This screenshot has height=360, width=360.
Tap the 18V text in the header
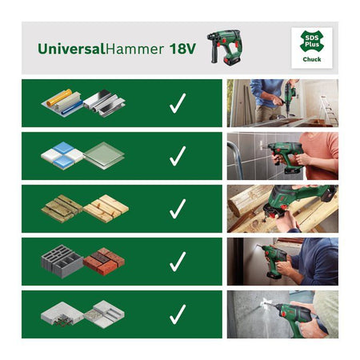[183, 49]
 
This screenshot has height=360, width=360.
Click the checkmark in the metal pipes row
[178, 102]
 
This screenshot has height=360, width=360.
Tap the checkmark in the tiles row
[178, 155]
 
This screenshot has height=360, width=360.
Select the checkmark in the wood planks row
[178, 208]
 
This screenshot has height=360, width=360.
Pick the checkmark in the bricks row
[178, 261]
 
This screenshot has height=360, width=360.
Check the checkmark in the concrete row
[178, 314]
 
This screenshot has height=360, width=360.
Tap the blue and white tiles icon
[62, 155]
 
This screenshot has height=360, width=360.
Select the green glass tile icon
[104, 154]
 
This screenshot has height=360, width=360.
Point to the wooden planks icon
[84, 208]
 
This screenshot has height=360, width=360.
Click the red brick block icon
[103, 261]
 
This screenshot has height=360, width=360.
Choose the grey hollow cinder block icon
[61, 262]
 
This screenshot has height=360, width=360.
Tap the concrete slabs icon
[83, 314]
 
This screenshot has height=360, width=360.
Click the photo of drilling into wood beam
[282, 208]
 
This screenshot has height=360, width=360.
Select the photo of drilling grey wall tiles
[282, 155]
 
